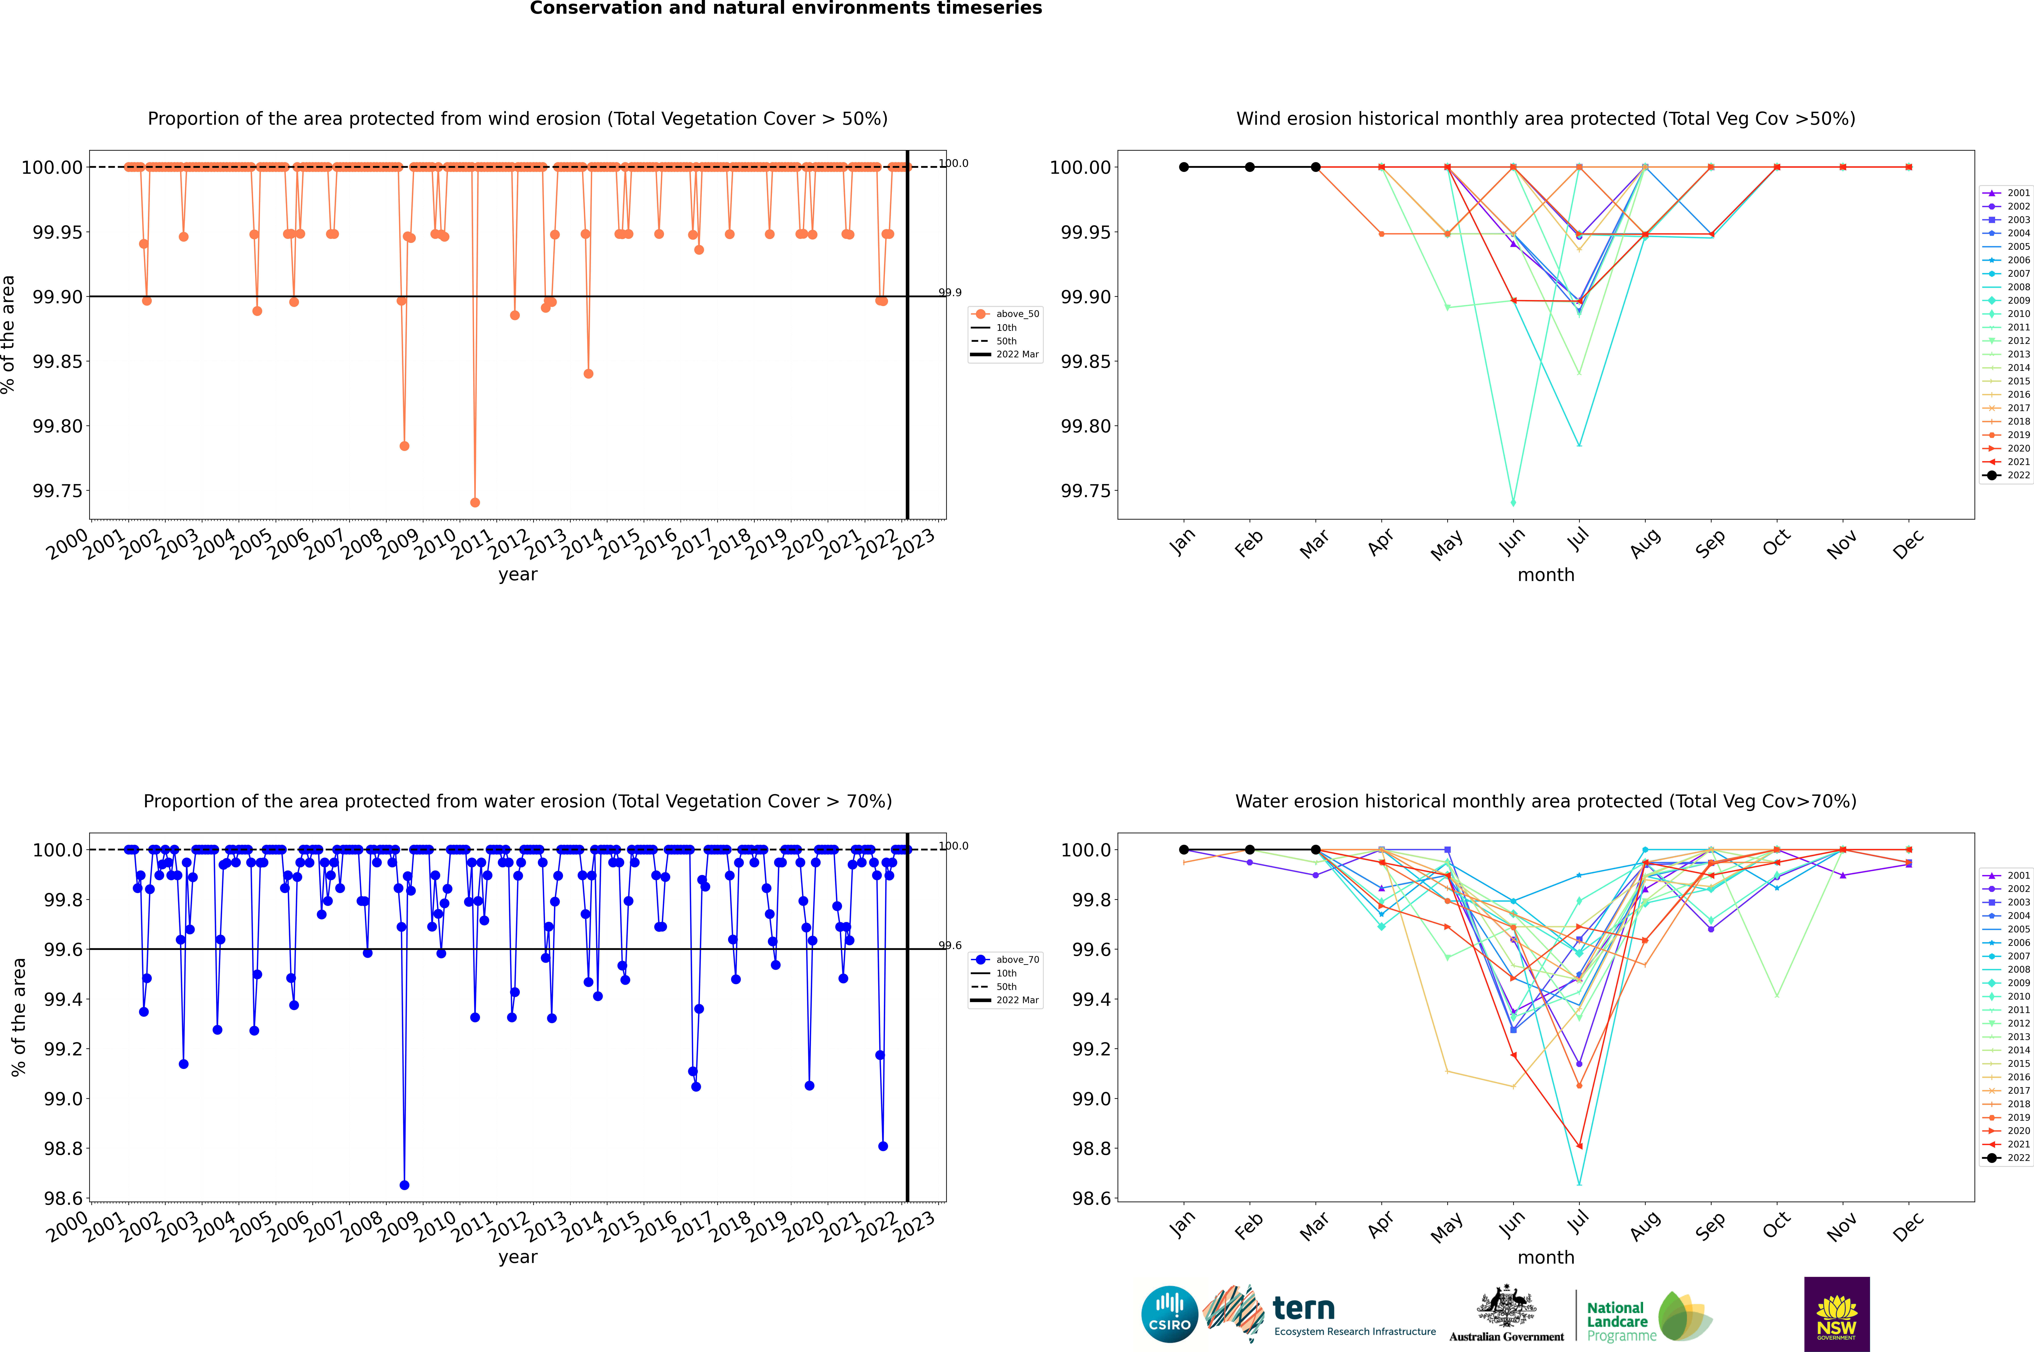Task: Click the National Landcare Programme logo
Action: coord(1649,1317)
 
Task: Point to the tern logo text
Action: coord(1304,1309)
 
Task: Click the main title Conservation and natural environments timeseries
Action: coord(785,9)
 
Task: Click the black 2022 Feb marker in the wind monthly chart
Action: coord(1249,167)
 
